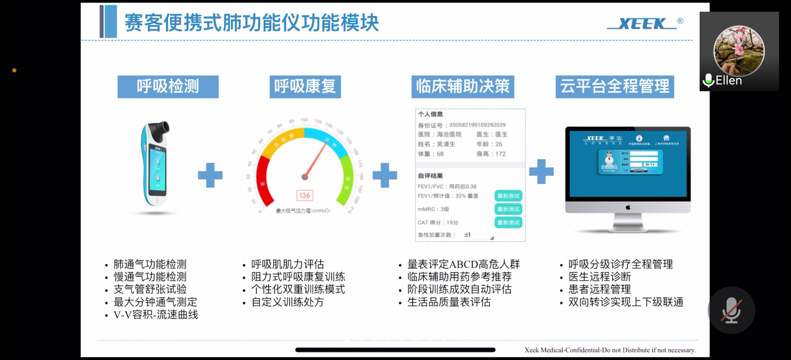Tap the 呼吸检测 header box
168,87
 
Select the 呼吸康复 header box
305,87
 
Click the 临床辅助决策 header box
462,87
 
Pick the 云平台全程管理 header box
615,87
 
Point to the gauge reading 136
305,196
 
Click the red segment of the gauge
263,181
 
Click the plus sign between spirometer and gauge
210,175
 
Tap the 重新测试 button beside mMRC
508,209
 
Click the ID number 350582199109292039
477,125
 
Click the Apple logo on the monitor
628,207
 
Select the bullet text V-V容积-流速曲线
156,315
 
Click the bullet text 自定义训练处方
288,302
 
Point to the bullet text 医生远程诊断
599,277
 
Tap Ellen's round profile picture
739,51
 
